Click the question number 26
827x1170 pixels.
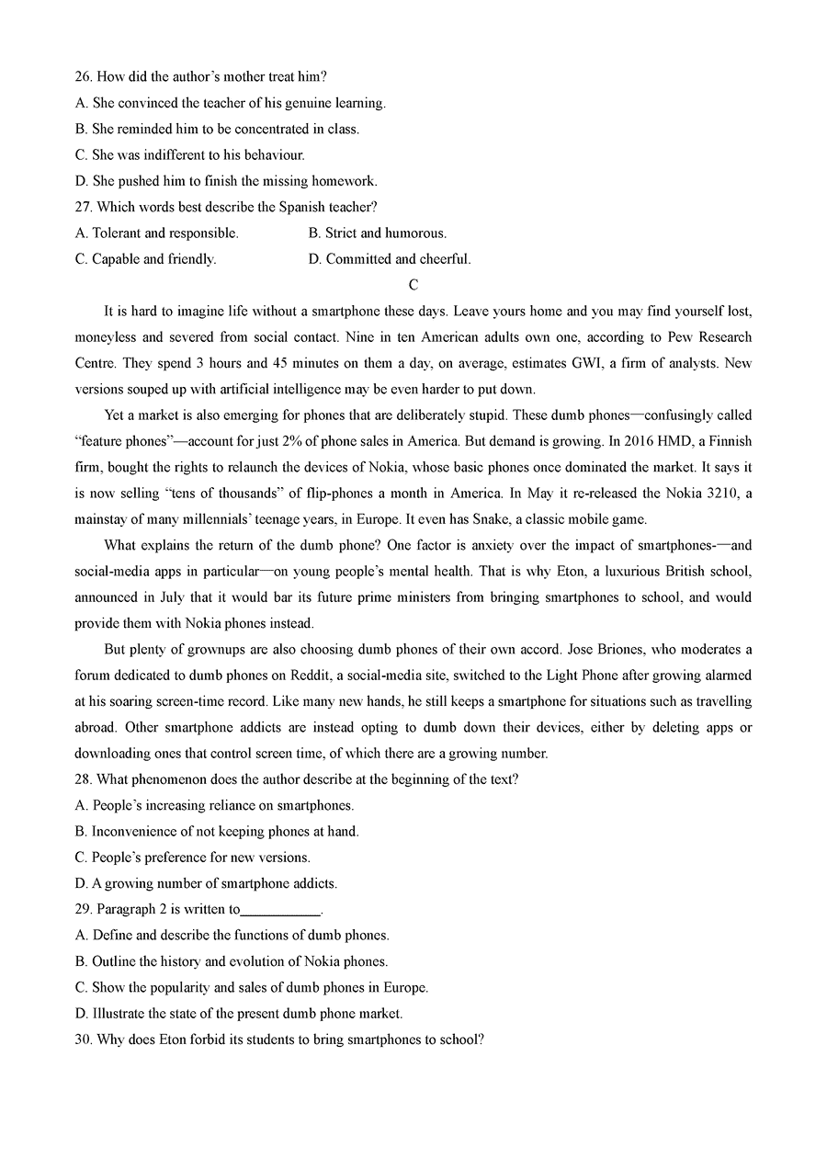coord(84,77)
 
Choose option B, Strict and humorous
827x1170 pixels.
coord(378,233)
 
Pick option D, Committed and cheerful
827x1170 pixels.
coord(390,259)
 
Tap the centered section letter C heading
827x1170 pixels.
coord(413,285)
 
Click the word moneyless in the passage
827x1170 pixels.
coord(106,337)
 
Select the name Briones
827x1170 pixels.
coord(622,650)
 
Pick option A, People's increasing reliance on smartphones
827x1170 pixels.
coord(214,806)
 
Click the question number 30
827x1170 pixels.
coord(84,1039)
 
